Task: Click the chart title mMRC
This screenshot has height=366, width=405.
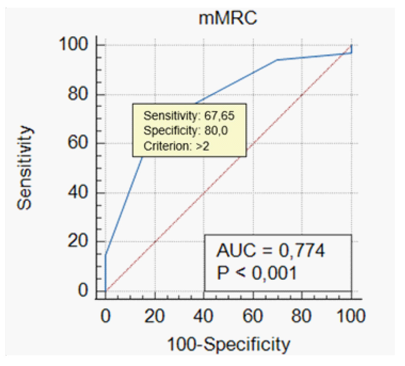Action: click(228, 19)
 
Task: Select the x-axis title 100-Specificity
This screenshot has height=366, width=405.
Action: click(228, 345)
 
